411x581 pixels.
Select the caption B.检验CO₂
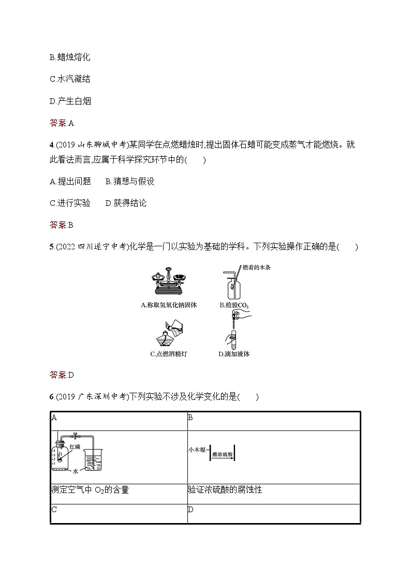click(x=234, y=305)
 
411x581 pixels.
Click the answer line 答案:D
click(x=62, y=375)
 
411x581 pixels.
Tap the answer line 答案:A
click(x=62, y=123)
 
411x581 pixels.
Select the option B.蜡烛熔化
click(x=70, y=57)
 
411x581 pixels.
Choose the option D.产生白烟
click(x=70, y=101)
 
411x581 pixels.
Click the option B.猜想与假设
click(x=130, y=181)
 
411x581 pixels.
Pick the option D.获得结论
click(x=126, y=203)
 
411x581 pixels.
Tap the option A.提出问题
click(x=70, y=181)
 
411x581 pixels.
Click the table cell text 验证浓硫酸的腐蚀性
click(x=225, y=489)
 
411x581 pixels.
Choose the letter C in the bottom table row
click(x=54, y=510)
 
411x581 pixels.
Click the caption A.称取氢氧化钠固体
click(x=169, y=305)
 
